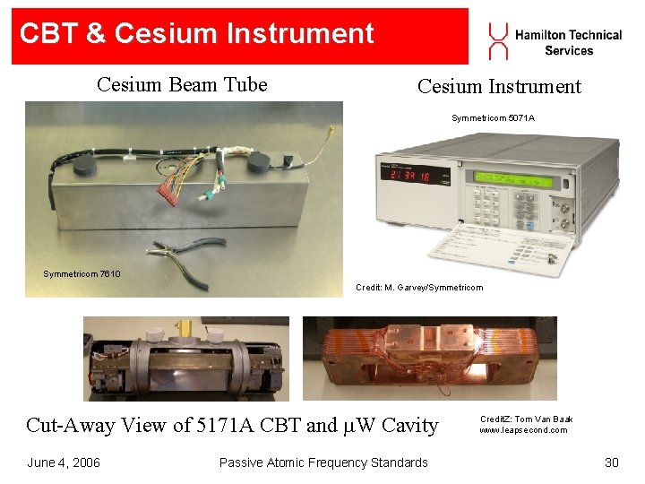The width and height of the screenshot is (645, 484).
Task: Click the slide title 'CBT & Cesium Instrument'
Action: coord(197,34)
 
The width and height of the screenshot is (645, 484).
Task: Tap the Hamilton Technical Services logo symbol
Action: coord(497,41)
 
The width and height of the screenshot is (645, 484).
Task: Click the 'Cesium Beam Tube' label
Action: coord(182,85)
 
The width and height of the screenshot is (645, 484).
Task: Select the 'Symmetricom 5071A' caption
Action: coord(493,118)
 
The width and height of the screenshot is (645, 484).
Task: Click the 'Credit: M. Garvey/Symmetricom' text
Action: coord(418,288)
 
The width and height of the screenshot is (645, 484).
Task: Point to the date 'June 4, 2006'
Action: coord(64,462)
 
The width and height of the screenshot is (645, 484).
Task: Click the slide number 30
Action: coord(612,462)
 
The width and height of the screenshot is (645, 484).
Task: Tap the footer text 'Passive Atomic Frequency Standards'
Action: coord(323,462)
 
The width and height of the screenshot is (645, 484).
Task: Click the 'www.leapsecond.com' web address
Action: coord(523,430)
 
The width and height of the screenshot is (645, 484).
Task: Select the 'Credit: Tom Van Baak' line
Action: coord(526,419)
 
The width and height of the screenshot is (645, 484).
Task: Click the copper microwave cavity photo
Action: coord(429,359)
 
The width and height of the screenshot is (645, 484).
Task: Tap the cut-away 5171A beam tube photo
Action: coord(186,359)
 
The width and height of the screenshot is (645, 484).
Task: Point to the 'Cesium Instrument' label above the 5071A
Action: coord(499,87)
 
